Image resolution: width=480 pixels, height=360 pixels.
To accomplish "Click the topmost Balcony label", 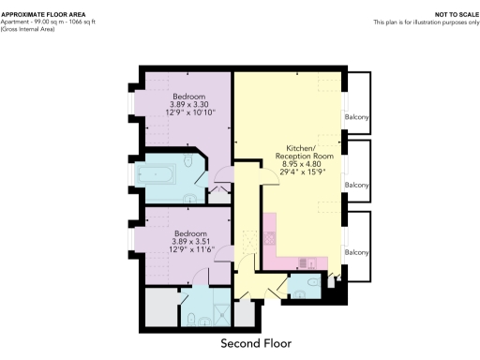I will pyautogui.click(x=357, y=117).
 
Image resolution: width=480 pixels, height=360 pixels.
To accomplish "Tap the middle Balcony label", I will pyautogui.click(x=357, y=185).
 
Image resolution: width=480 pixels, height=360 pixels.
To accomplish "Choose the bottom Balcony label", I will pyautogui.click(x=357, y=253).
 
